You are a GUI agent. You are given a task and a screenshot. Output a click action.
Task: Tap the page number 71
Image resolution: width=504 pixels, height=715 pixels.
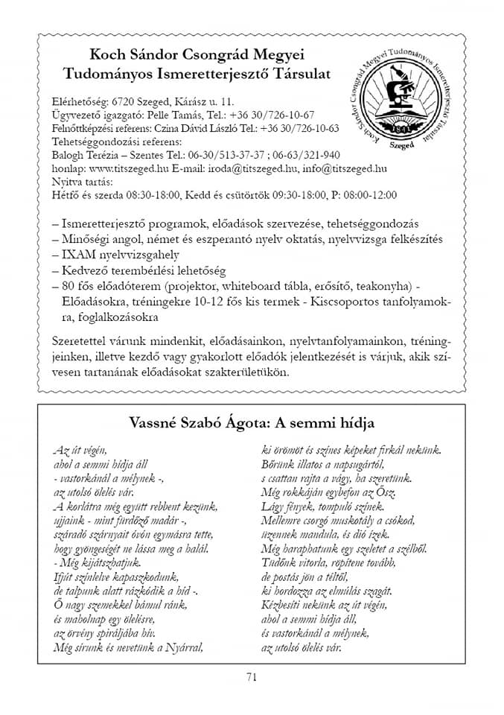click(251, 676)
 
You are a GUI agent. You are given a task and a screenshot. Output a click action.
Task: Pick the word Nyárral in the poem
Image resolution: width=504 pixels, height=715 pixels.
click(185, 647)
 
